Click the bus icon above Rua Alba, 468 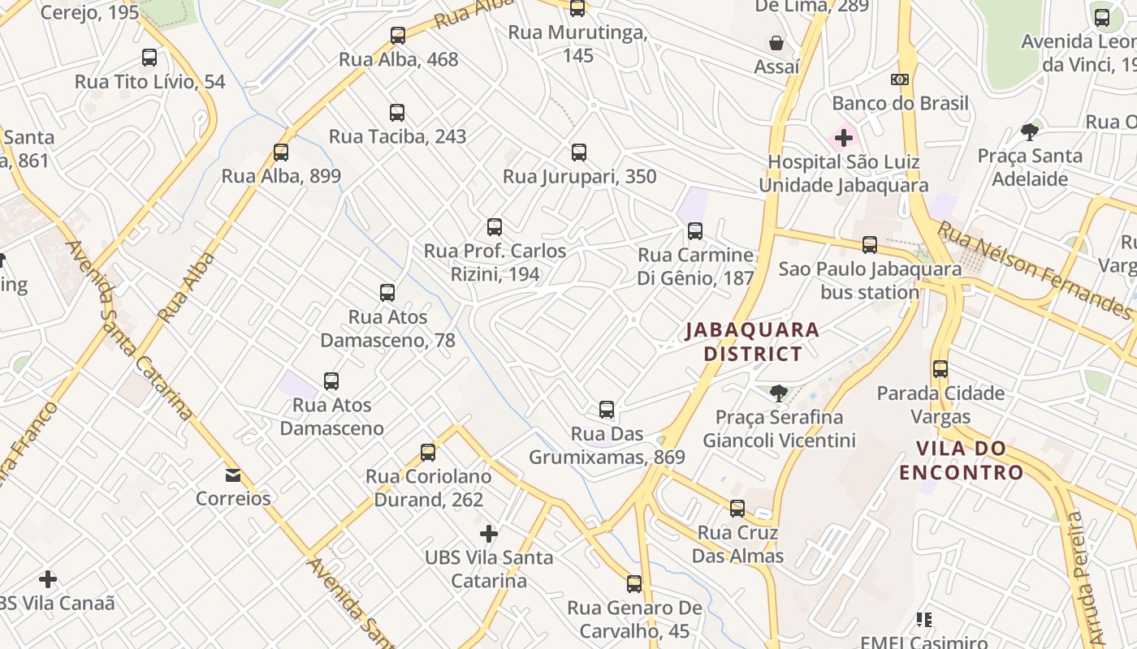[397, 36]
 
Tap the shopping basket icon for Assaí [776, 43]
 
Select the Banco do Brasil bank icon [899, 80]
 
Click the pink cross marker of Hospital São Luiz [844, 138]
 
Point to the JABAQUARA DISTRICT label [752, 342]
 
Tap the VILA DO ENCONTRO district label [961, 460]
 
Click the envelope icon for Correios [233, 475]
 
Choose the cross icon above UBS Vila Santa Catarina [488, 534]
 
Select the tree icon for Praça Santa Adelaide [1030, 132]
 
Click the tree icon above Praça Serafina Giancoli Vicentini [779, 393]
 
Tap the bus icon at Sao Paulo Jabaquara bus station [870, 244]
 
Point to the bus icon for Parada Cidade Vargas [940, 369]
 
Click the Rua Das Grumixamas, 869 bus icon [607, 410]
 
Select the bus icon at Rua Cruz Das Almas [737, 509]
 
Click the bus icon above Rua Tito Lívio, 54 [149, 58]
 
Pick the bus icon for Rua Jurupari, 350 [578, 153]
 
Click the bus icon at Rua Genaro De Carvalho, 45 [634, 584]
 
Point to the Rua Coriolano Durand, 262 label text [428, 488]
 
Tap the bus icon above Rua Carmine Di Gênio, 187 [695, 231]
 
